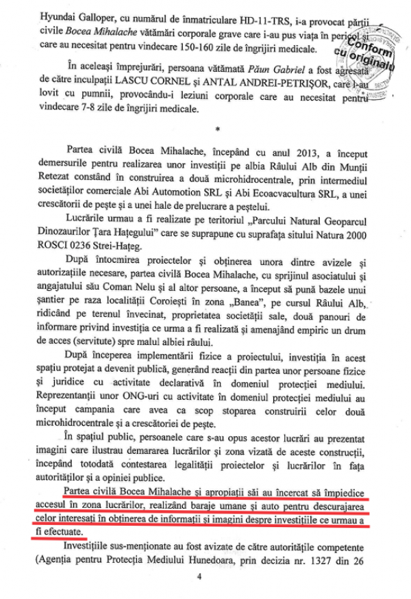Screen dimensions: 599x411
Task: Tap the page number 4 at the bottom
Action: click(201, 577)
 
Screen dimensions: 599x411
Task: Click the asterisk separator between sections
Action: click(217, 128)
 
